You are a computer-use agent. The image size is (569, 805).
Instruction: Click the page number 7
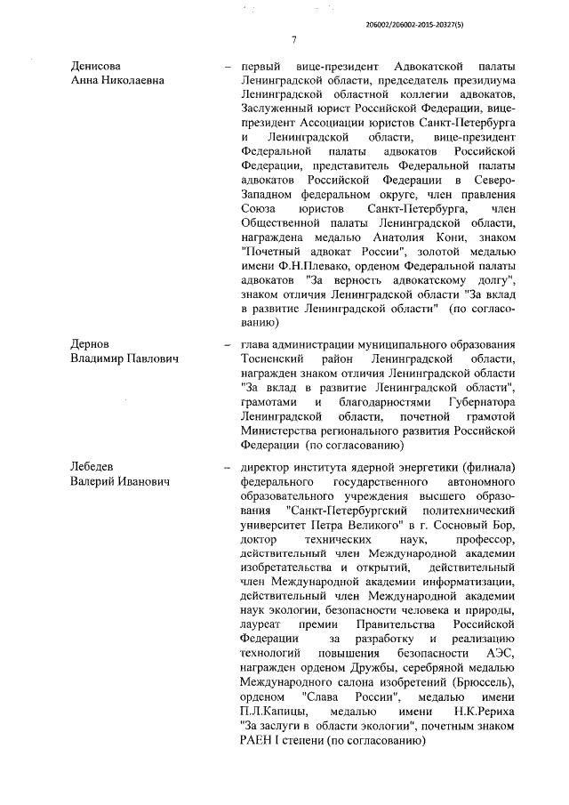point(293,38)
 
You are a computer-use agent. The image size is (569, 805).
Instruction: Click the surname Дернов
point(92,342)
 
